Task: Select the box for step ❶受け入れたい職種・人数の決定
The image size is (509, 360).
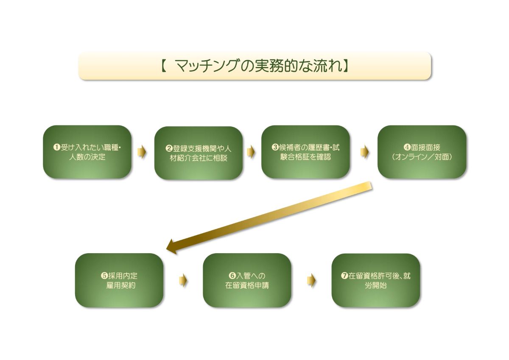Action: click(87, 152)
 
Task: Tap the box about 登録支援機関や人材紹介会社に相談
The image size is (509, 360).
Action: click(199, 153)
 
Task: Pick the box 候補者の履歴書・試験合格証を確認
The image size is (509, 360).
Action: click(305, 152)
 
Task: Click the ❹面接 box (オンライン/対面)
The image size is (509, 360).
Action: click(422, 152)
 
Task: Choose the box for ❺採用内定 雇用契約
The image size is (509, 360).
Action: click(119, 280)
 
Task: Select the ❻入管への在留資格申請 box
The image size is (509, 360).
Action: click(247, 280)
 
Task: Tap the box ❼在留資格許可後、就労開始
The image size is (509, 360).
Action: click(376, 280)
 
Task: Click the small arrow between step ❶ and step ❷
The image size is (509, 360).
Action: click(141, 152)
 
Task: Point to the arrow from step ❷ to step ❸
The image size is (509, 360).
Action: click(251, 152)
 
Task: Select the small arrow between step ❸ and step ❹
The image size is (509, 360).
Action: click(365, 152)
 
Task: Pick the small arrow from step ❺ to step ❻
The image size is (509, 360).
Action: click(183, 281)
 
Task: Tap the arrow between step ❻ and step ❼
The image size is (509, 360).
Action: click(312, 281)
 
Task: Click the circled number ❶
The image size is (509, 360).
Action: click(56, 148)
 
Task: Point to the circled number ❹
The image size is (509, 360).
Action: click(407, 148)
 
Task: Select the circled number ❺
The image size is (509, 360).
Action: click(104, 276)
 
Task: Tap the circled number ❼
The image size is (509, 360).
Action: click(344, 276)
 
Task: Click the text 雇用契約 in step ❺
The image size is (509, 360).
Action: click(121, 285)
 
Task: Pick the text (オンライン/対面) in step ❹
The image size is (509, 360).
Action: click(422, 157)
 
